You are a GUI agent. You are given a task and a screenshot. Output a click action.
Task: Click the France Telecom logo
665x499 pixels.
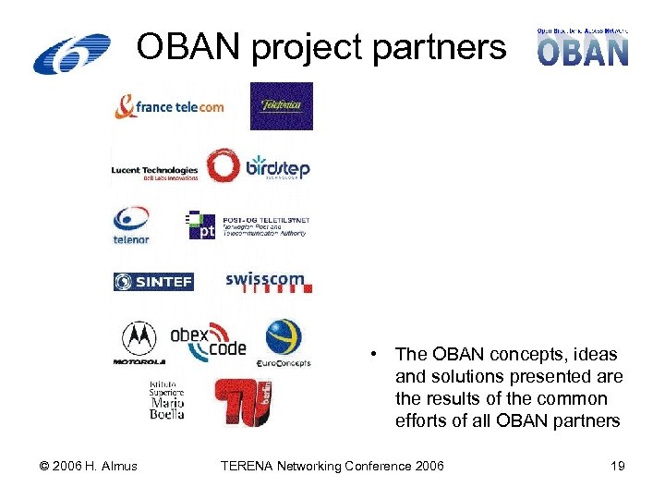click(169, 106)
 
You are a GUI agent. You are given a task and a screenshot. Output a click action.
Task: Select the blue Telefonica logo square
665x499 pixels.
click(282, 106)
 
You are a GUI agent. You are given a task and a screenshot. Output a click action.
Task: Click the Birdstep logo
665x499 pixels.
click(258, 167)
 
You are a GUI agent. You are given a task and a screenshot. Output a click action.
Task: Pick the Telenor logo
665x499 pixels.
click(131, 225)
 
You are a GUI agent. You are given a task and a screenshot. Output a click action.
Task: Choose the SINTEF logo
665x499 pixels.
click(153, 281)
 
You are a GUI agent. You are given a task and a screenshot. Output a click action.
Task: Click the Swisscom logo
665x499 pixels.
click(269, 281)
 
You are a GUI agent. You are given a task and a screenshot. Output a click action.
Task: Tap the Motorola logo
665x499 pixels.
click(139, 344)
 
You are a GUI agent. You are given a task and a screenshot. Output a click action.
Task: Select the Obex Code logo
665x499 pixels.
click(209, 341)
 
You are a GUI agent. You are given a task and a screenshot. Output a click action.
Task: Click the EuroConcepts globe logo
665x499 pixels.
click(284, 343)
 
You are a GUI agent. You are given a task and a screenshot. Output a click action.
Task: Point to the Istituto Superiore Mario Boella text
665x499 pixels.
click(167, 399)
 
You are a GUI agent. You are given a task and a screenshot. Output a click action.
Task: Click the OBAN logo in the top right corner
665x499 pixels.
click(583, 46)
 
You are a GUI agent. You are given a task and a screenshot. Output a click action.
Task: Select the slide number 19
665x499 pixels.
click(617, 466)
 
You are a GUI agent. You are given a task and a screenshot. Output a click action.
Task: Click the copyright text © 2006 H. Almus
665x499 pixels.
click(90, 466)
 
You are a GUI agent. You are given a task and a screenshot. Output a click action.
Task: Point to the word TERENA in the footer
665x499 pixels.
click(248, 466)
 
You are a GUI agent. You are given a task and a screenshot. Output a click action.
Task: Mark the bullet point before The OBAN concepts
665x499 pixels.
click(371, 355)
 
